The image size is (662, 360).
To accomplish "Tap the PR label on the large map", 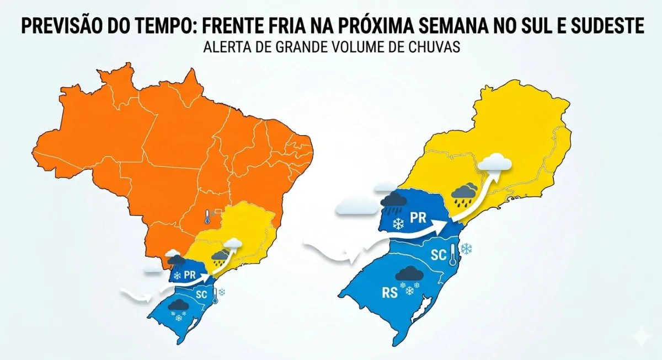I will [418, 217].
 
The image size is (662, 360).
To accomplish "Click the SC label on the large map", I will [439, 255].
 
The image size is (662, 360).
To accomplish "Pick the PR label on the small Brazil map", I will [190, 273].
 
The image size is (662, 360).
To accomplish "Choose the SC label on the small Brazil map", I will [202, 294].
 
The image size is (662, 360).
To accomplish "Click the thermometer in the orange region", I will [206, 216].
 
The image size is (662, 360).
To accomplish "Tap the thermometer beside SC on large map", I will [453, 255].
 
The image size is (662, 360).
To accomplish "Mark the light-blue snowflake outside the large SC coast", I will [467, 249].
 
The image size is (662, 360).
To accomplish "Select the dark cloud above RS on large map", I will [409, 274].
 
